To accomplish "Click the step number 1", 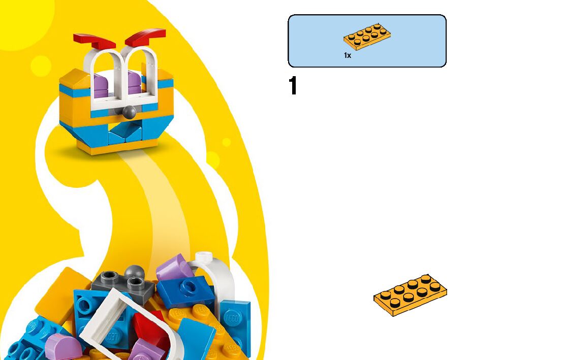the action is pyautogui.click(x=293, y=86).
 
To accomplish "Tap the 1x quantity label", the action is pyautogui.click(x=348, y=55).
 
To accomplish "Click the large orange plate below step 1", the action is pyautogui.click(x=410, y=295).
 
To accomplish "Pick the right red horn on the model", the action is pyautogui.click(x=146, y=36).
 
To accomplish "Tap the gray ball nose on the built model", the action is pyautogui.click(x=130, y=111).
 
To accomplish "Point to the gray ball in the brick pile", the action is pyautogui.click(x=134, y=271).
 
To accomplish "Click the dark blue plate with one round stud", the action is pyautogui.click(x=185, y=290).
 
